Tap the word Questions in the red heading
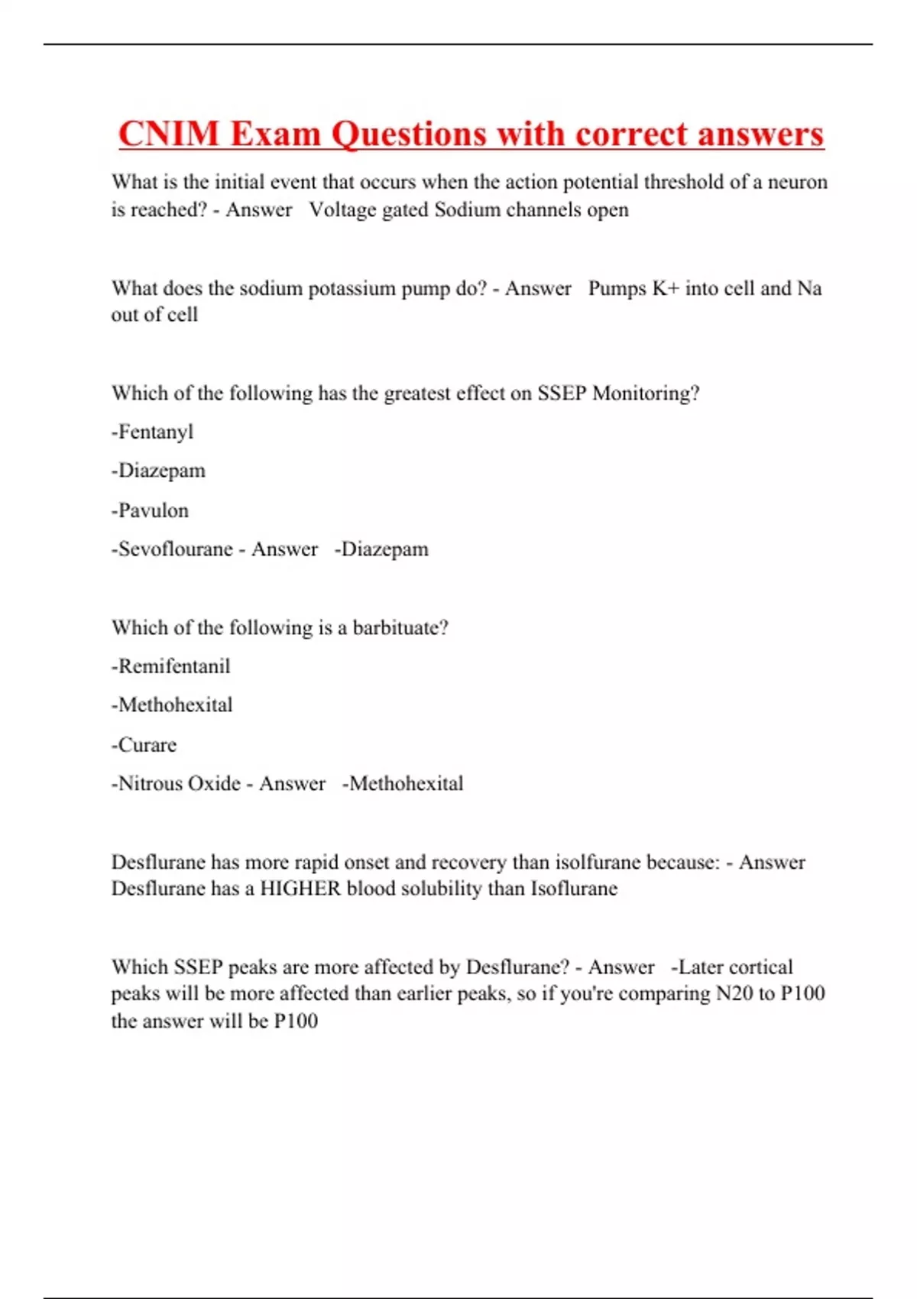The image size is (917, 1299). tap(408, 135)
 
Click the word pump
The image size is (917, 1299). tap(425, 290)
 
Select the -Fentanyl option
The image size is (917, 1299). tap(153, 432)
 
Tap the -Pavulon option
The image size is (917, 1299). tap(151, 510)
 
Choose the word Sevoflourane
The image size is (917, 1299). tap(175, 549)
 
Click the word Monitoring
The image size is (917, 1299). tap(646, 394)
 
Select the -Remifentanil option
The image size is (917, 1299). tap(171, 666)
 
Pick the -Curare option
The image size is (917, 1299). tap(144, 745)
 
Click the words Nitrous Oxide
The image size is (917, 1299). tap(179, 784)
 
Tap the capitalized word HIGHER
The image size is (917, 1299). tap(300, 889)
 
